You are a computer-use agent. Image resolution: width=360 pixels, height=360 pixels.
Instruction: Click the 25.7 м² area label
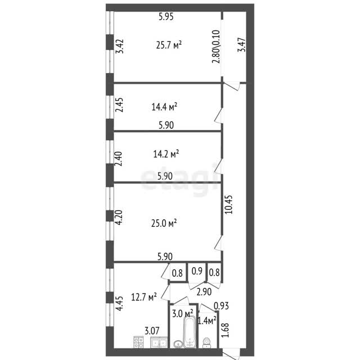169,45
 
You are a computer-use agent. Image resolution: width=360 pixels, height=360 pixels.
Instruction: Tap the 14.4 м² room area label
164,106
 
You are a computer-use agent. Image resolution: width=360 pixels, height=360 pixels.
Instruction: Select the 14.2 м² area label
166,154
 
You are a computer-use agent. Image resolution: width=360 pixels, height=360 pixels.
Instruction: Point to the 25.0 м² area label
164,223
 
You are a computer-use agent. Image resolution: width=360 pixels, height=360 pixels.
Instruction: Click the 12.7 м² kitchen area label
144,297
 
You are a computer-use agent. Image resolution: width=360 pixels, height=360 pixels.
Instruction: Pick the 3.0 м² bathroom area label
182,313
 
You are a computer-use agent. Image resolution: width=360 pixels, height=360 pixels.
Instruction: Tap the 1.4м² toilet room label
207,321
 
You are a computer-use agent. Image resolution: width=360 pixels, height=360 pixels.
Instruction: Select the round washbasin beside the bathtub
178,344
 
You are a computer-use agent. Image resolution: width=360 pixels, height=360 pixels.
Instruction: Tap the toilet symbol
207,343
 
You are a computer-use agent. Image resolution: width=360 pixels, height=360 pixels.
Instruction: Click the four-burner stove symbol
138,342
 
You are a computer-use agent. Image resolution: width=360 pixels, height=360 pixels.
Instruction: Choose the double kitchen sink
159,343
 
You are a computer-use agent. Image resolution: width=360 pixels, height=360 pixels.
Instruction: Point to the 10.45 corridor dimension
228,204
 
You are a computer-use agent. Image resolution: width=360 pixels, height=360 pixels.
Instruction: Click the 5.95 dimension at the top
166,17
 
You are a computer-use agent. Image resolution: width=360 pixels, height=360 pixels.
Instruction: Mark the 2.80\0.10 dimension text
216,46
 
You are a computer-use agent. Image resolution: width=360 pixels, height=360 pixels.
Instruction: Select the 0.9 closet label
197,271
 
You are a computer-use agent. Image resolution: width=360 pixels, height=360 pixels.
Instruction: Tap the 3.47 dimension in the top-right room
241,44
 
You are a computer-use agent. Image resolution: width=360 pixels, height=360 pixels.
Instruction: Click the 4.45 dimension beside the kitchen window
119,304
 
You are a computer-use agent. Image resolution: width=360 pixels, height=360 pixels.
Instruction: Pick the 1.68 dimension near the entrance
225,330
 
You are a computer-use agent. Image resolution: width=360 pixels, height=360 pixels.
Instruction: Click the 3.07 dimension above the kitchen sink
152,331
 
